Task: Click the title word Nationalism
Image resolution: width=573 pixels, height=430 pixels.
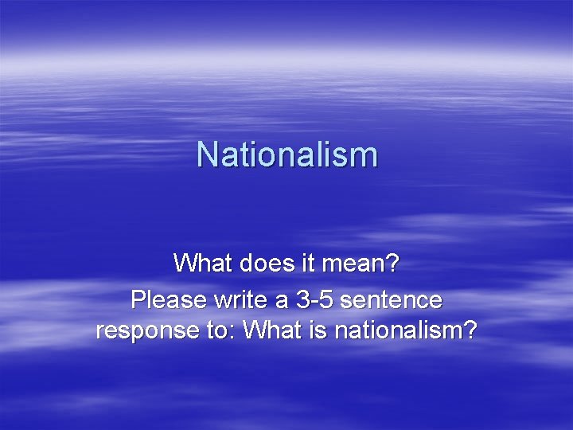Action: point(286,154)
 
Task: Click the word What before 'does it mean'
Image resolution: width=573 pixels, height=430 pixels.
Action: point(200,262)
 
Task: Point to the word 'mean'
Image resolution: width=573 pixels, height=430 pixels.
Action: point(349,262)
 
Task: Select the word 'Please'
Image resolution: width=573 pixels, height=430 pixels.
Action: point(167,300)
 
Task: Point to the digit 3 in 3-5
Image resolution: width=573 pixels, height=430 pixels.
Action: point(302,300)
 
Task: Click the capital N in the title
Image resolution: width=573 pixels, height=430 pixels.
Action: point(206,154)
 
